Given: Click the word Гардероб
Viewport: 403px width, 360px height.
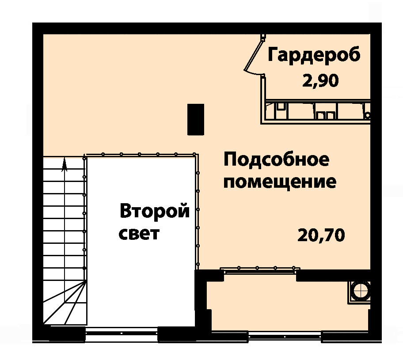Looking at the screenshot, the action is pos(314,55).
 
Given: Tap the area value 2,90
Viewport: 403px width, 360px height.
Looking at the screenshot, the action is pos(320,81).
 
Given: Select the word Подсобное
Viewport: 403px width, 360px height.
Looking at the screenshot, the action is pos(276,159).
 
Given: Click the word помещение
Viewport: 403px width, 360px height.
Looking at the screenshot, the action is pos(280,182).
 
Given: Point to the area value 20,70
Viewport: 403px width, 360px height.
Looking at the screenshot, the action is pos(321,235).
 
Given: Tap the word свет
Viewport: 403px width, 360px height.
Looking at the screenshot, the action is pos(139,234).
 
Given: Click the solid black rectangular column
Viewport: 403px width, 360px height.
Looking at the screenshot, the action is pos(196,120).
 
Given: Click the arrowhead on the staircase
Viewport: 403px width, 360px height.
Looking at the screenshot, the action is pos(64,164).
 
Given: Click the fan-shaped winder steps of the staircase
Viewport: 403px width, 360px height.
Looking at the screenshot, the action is pos(65,303).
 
